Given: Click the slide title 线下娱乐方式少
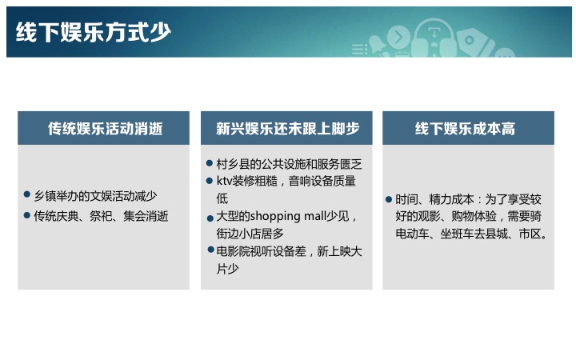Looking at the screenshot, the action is [94, 32].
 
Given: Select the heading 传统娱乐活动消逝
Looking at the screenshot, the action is [105, 129].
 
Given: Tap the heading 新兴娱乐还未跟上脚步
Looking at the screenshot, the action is [287, 129].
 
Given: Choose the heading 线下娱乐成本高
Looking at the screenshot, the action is [465, 129].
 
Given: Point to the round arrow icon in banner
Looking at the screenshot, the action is [398, 37].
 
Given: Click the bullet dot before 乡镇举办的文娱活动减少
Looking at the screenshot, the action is [27, 194].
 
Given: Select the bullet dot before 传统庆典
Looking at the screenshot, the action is [27, 215].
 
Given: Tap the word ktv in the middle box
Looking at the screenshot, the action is [225, 181].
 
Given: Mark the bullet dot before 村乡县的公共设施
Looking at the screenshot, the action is [210, 162].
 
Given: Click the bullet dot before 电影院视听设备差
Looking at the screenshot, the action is [210, 250].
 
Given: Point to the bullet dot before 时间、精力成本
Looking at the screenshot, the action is [389, 199].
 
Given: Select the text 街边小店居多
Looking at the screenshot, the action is [250, 234].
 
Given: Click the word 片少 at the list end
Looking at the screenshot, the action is [228, 269].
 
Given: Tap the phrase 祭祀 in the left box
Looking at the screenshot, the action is [101, 216].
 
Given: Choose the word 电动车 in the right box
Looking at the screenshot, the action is [412, 234].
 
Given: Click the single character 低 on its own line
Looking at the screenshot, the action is [222, 198].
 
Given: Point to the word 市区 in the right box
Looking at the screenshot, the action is [530, 234].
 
